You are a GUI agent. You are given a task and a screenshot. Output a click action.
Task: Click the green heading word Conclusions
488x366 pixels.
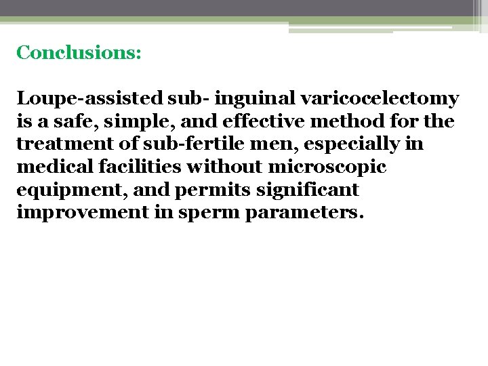pyautogui.click(x=78, y=53)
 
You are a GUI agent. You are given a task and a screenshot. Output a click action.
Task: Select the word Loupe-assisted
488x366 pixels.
pyautogui.click(x=89, y=99)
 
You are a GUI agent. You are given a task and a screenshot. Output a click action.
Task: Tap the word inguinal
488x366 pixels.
pyautogui.click(x=256, y=99)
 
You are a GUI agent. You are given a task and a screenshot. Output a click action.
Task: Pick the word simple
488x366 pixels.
pyautogui.click(x=125, y=122)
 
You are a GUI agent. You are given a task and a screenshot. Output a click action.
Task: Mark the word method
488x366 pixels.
pyautogui.click(x=323, y=122)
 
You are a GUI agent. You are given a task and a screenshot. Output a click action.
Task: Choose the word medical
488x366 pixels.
pyautogui.click(x=52, y=167)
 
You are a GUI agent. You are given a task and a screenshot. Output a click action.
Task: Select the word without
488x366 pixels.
pyautogui.click(x=225, y=167)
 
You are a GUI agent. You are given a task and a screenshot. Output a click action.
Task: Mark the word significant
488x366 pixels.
pyautogui.click(x=302, y=190)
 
